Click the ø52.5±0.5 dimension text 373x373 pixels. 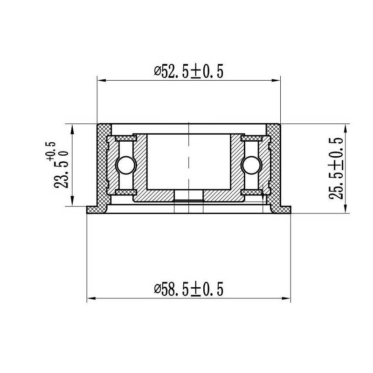click(189, 71)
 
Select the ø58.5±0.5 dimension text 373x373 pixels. click(189, 289)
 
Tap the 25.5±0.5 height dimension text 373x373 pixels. click(336, 168)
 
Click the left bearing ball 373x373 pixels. click(126, 165)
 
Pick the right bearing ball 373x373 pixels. click(252, 165)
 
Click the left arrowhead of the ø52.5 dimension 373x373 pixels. click(102, 81)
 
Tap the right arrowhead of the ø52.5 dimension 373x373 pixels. click(276, 81)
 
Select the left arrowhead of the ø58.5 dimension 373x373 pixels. click(91, 298)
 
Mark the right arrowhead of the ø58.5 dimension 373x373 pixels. click(286, 298)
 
